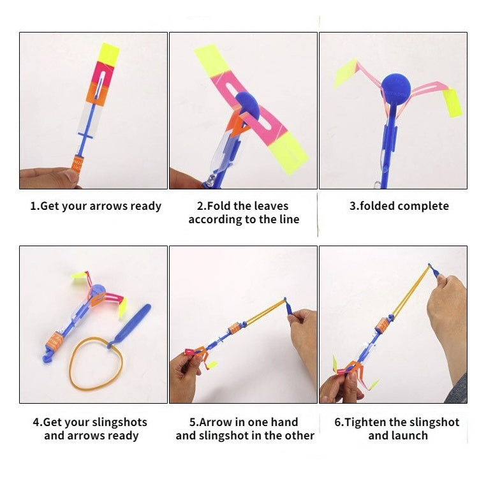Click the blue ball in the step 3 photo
coord(396,88)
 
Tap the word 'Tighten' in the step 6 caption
coord(365,422)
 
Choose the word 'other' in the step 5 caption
coord(298,436)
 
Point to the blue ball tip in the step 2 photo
coord(247,106)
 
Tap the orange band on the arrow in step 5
coord(235,328)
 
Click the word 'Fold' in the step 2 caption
coord(219,206)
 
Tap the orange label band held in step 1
coord(77,164)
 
